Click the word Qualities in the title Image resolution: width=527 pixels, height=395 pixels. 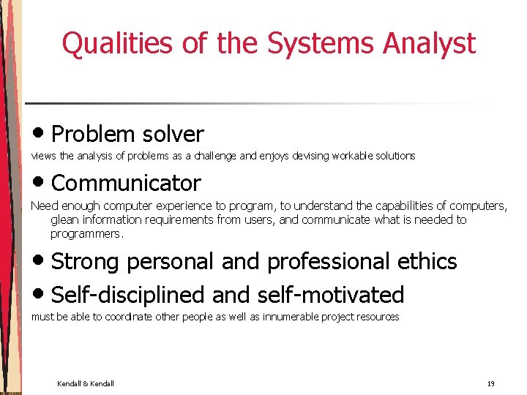[x=116, y=44]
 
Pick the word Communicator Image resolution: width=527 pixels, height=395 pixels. [x=126, y=183]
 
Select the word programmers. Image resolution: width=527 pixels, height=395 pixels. [x=86, y=234]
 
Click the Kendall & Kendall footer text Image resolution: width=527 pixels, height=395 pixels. [x=86, y=384]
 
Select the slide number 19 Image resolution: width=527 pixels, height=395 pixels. [x=490, y=384]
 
